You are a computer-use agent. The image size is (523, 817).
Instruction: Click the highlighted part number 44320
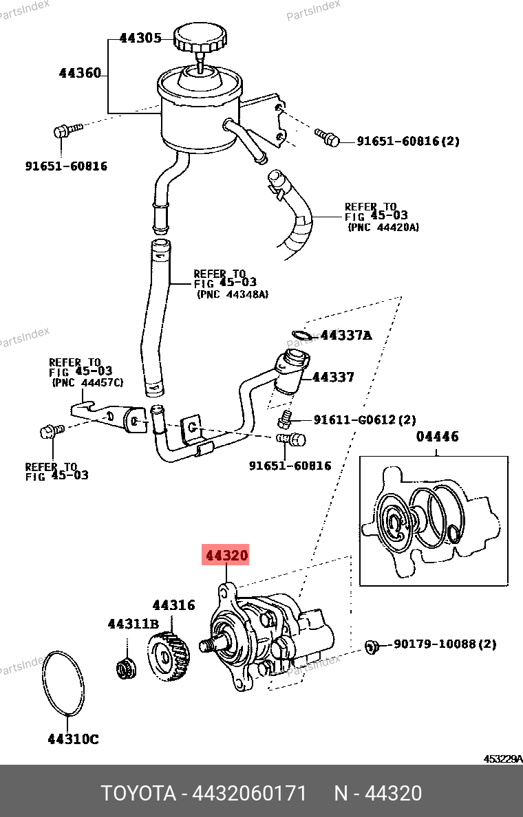click(x=225, y=556)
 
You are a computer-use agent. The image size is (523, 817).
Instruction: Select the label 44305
click(x=140, y=39)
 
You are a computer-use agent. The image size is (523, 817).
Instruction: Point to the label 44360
click(x=80, y=73)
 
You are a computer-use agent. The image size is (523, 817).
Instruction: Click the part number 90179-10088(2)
click(x=445, y=644)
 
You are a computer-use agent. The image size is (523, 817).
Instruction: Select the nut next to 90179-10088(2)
click(x=372, y=646)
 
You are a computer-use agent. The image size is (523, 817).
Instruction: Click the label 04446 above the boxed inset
click(x=437, y=437)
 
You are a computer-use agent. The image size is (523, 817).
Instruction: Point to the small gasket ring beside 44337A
click(x=301, y=336)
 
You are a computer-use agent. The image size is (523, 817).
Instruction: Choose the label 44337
click(x=333, y=377)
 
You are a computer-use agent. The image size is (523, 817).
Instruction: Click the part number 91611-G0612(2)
click(x=365, y=420)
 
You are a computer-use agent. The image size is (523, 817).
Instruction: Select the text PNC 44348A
click(x=233, y=294)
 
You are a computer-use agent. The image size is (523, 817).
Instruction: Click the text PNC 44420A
click(x=383, y=227)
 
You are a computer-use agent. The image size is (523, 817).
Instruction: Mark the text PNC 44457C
click(x=87, y=382)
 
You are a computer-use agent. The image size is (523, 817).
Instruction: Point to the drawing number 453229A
click(x=502, y=759)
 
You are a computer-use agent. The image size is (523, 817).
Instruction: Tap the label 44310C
click(x=73, y=739)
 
